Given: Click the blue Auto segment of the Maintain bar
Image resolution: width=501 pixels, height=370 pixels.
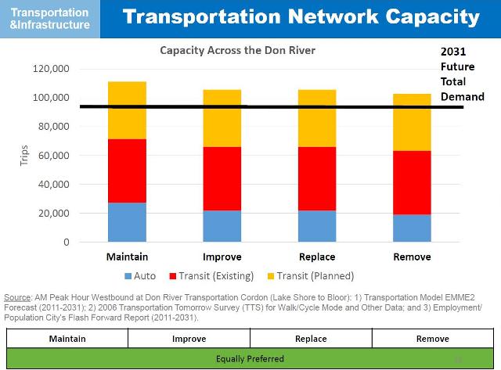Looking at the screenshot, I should point(127,222).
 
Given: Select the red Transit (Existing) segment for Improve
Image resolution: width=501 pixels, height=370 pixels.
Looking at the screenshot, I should point(222,178).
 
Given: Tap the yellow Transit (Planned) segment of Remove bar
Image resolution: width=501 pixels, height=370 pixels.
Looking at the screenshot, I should point(412,122).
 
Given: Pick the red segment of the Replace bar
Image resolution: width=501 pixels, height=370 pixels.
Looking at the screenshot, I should point(317,178).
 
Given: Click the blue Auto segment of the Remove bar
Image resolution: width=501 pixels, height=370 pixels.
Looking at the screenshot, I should point(412,228).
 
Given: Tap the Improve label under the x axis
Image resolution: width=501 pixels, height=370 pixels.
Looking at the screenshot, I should point(222,257).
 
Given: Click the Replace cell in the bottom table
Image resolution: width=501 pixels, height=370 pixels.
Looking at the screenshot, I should point(311,339).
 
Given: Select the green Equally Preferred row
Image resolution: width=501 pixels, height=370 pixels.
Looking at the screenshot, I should point(250,358).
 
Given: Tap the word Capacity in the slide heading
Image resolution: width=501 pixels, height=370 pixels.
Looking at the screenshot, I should point(420,17).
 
